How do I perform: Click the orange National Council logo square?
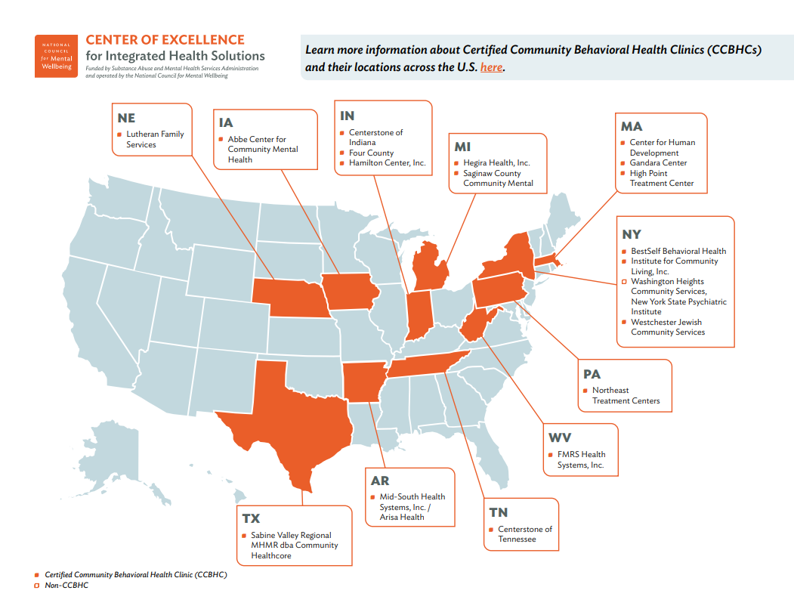[56, 55]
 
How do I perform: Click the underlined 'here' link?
[491, 68]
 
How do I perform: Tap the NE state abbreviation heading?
[126, 119]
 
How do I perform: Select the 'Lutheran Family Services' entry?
[155, 139]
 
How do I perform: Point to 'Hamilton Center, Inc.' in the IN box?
[387, 163]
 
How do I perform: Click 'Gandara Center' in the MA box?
[658, 163]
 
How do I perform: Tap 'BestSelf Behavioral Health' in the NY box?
[678, 251]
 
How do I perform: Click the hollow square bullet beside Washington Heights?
[623, 282]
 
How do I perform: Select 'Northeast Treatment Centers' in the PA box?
[626, 395]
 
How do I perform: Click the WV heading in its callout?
[560, 437]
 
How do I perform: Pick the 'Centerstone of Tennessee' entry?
[524, 534]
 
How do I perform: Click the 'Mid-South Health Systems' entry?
[412, 506]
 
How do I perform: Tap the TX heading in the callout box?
[251, 518]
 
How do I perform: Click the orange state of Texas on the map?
[287, 416]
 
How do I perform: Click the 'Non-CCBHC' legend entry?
[66, 586]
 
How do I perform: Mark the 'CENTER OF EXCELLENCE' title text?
[165, 40]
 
